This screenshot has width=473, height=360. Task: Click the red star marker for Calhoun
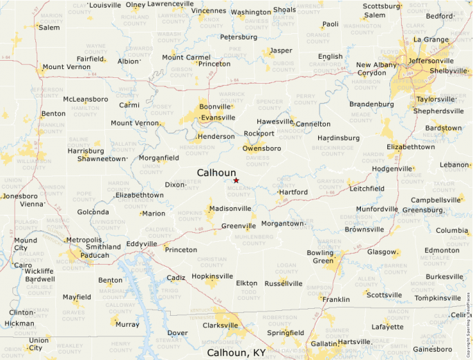coord(236,180)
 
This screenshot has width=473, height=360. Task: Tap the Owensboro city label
coord(262,149)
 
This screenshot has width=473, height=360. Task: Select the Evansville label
coord(218,117)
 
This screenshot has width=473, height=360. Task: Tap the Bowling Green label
coord(319,257)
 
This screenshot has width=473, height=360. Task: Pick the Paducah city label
coord(90,255)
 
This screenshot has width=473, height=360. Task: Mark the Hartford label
coord(293,191)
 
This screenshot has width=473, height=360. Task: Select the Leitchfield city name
coord(367,188)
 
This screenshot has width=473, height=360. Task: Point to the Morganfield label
coord(159,158)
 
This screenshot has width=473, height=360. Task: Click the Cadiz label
coord(176,277)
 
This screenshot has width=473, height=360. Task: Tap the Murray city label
coord(127,324)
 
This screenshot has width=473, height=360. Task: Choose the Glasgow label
coord(382,252)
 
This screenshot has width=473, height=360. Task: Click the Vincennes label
coord(209,11)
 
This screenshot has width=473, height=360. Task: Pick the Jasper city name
coord(281,50)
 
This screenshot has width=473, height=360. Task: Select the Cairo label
coord(23,265)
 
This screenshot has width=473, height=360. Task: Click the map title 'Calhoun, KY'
coord(236,352)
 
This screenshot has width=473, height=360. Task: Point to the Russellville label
coord(284,283)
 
